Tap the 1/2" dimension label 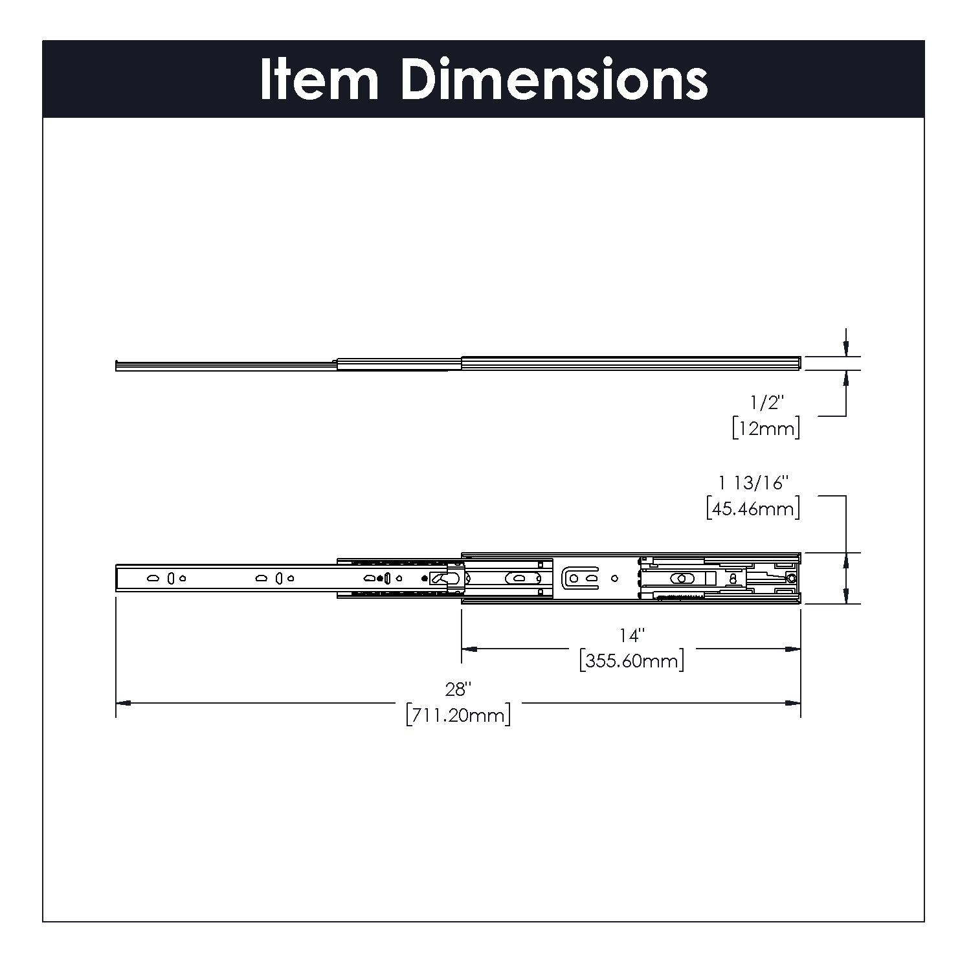[x=766, y=403]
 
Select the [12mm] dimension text [x=766, y=428]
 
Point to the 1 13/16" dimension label [x=755, y=483]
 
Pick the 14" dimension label [x=630, y=636]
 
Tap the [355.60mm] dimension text [x=632, y=661]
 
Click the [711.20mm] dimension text [x=458, y=715]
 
